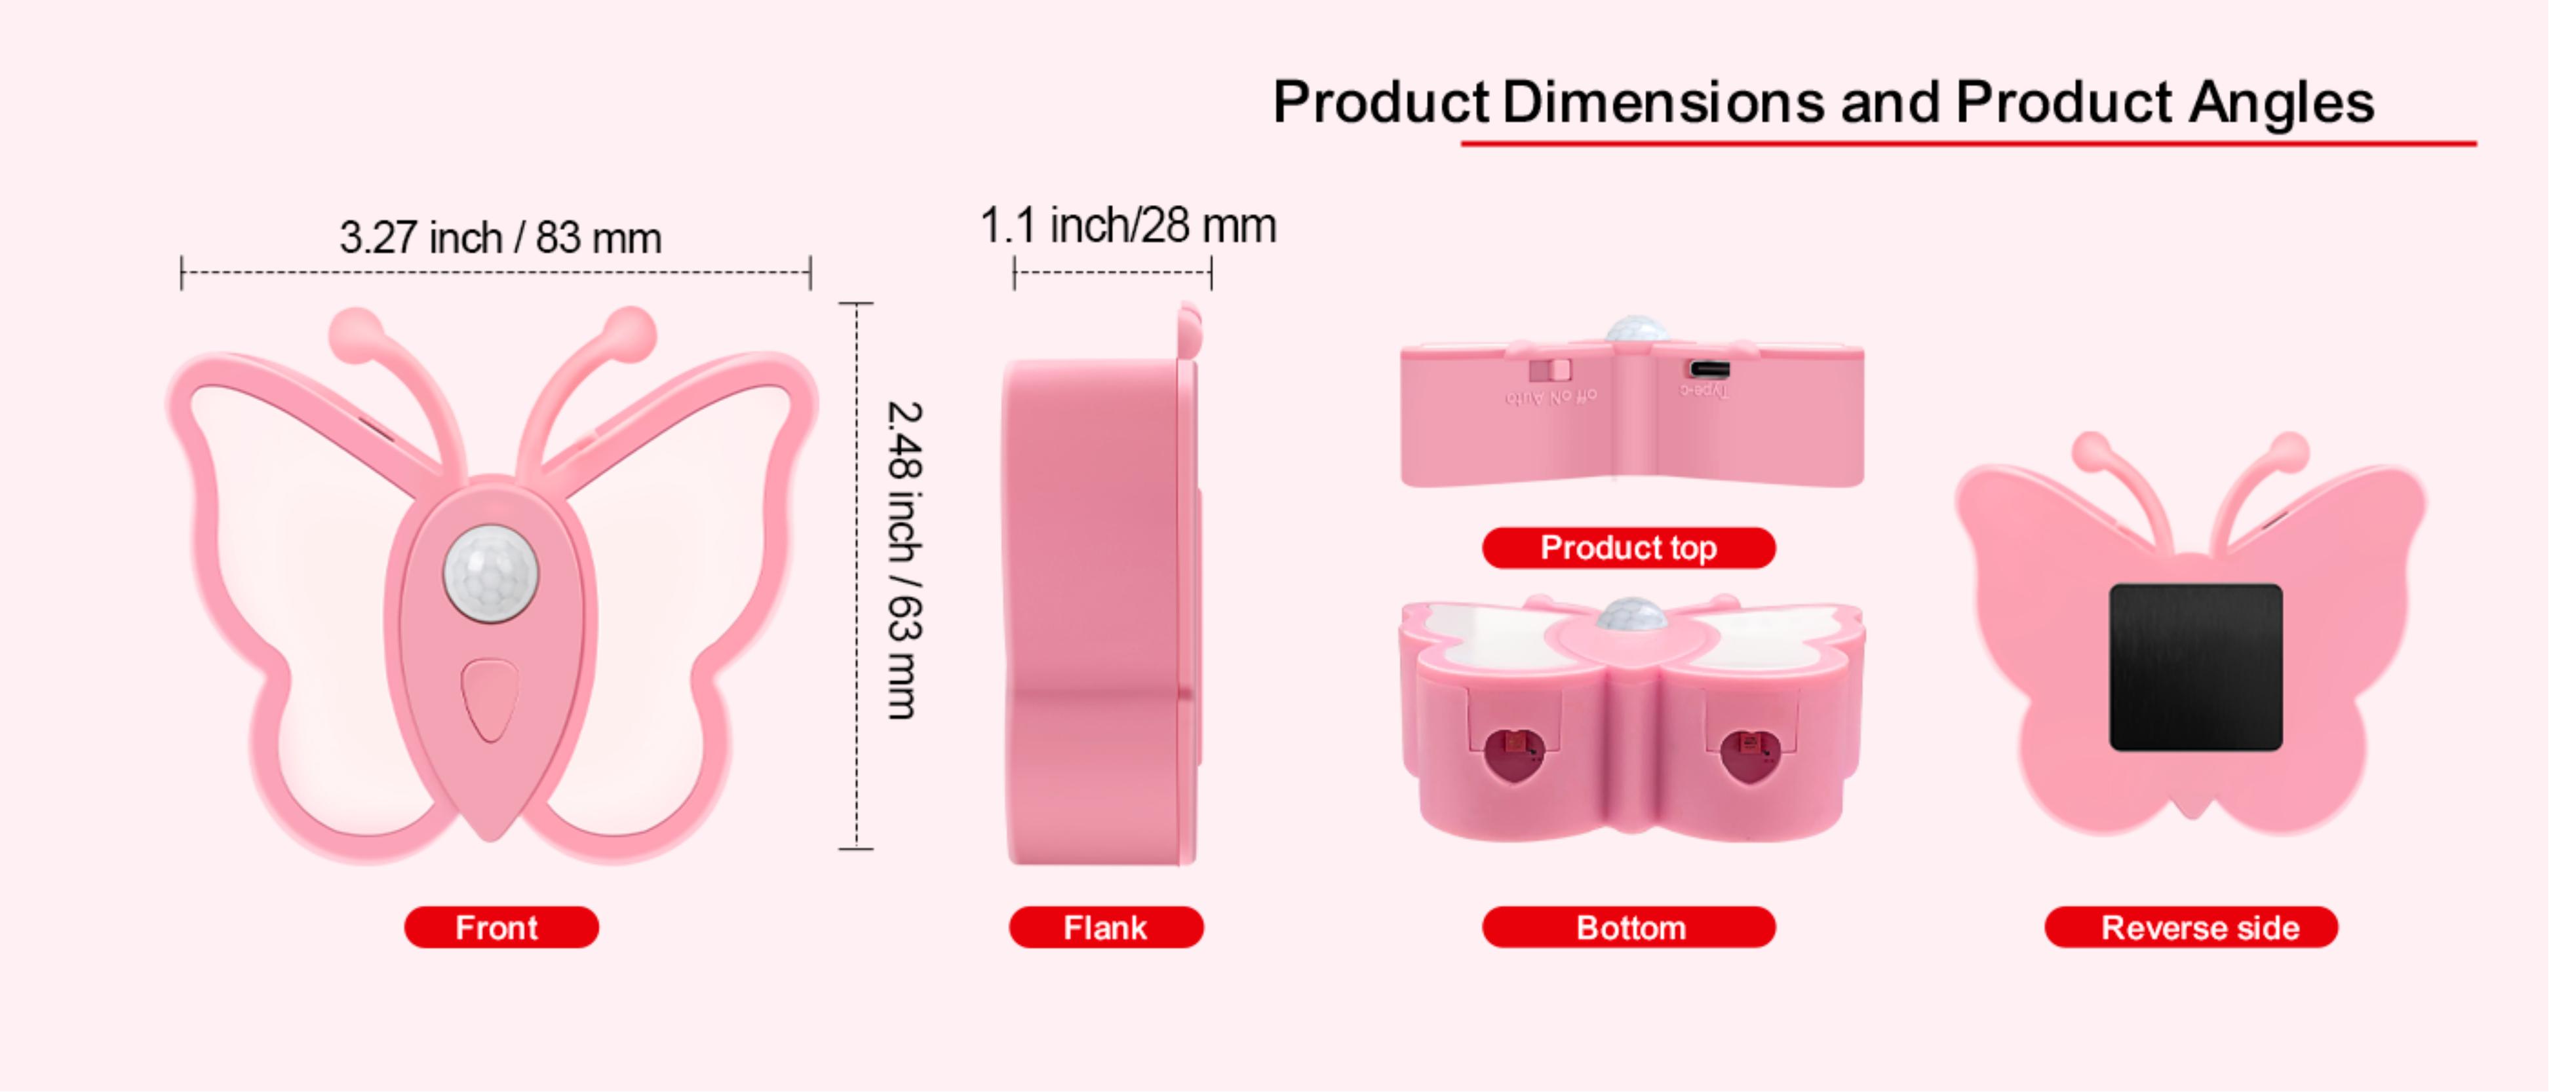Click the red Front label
tap(501, 927)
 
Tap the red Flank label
tap(1105, 927)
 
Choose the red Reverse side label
tap(2190, 927)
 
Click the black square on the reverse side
tap(2196, 667)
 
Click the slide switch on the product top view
tap(1549, 370)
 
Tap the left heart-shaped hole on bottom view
tap(1513, 755)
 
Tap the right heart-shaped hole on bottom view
tap(1749, 755)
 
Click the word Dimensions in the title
tap(1662, 102)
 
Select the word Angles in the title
tap(2281, 102)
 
